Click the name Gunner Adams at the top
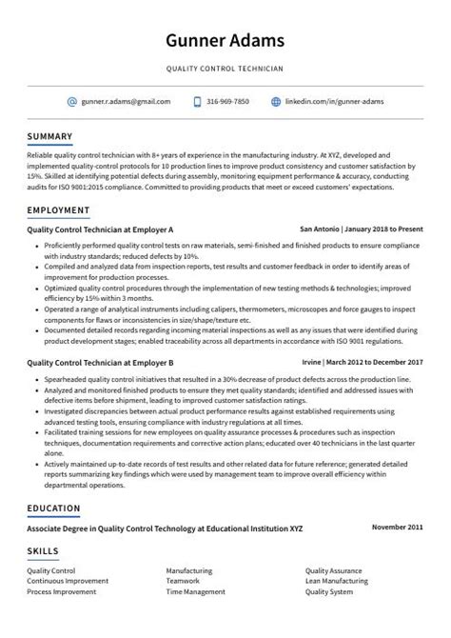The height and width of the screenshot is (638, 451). click(225, 41)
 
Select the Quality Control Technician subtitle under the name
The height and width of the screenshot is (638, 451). click(225, 69)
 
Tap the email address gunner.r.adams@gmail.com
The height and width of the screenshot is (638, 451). click(126, 101)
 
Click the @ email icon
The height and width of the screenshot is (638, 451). click(71, 101)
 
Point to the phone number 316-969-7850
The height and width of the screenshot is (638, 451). click(228, 101)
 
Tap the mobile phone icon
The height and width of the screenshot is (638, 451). click(197, 101)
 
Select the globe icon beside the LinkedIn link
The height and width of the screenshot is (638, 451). click(276, 101)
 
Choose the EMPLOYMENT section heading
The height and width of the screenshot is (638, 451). click(58, 209)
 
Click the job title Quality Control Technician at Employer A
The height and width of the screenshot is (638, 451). click(100, 229)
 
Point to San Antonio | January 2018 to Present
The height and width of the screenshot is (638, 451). click(361, 229)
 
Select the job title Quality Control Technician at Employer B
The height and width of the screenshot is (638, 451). click(100, 363)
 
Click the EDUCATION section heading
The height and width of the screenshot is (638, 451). click(54, 508)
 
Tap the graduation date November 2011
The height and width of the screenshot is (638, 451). click(397, 527)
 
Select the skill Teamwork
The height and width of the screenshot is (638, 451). click(182, 580)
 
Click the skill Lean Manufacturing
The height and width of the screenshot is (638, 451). click(337, 580)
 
